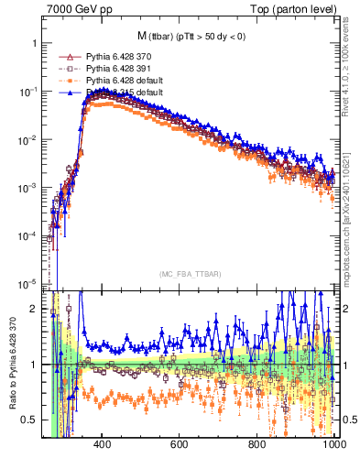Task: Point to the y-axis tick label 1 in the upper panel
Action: pos(34,44)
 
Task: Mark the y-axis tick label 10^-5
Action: pos(27,282)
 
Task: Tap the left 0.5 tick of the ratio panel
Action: pos(28,420)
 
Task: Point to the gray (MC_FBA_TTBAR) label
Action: pos(190,273)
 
